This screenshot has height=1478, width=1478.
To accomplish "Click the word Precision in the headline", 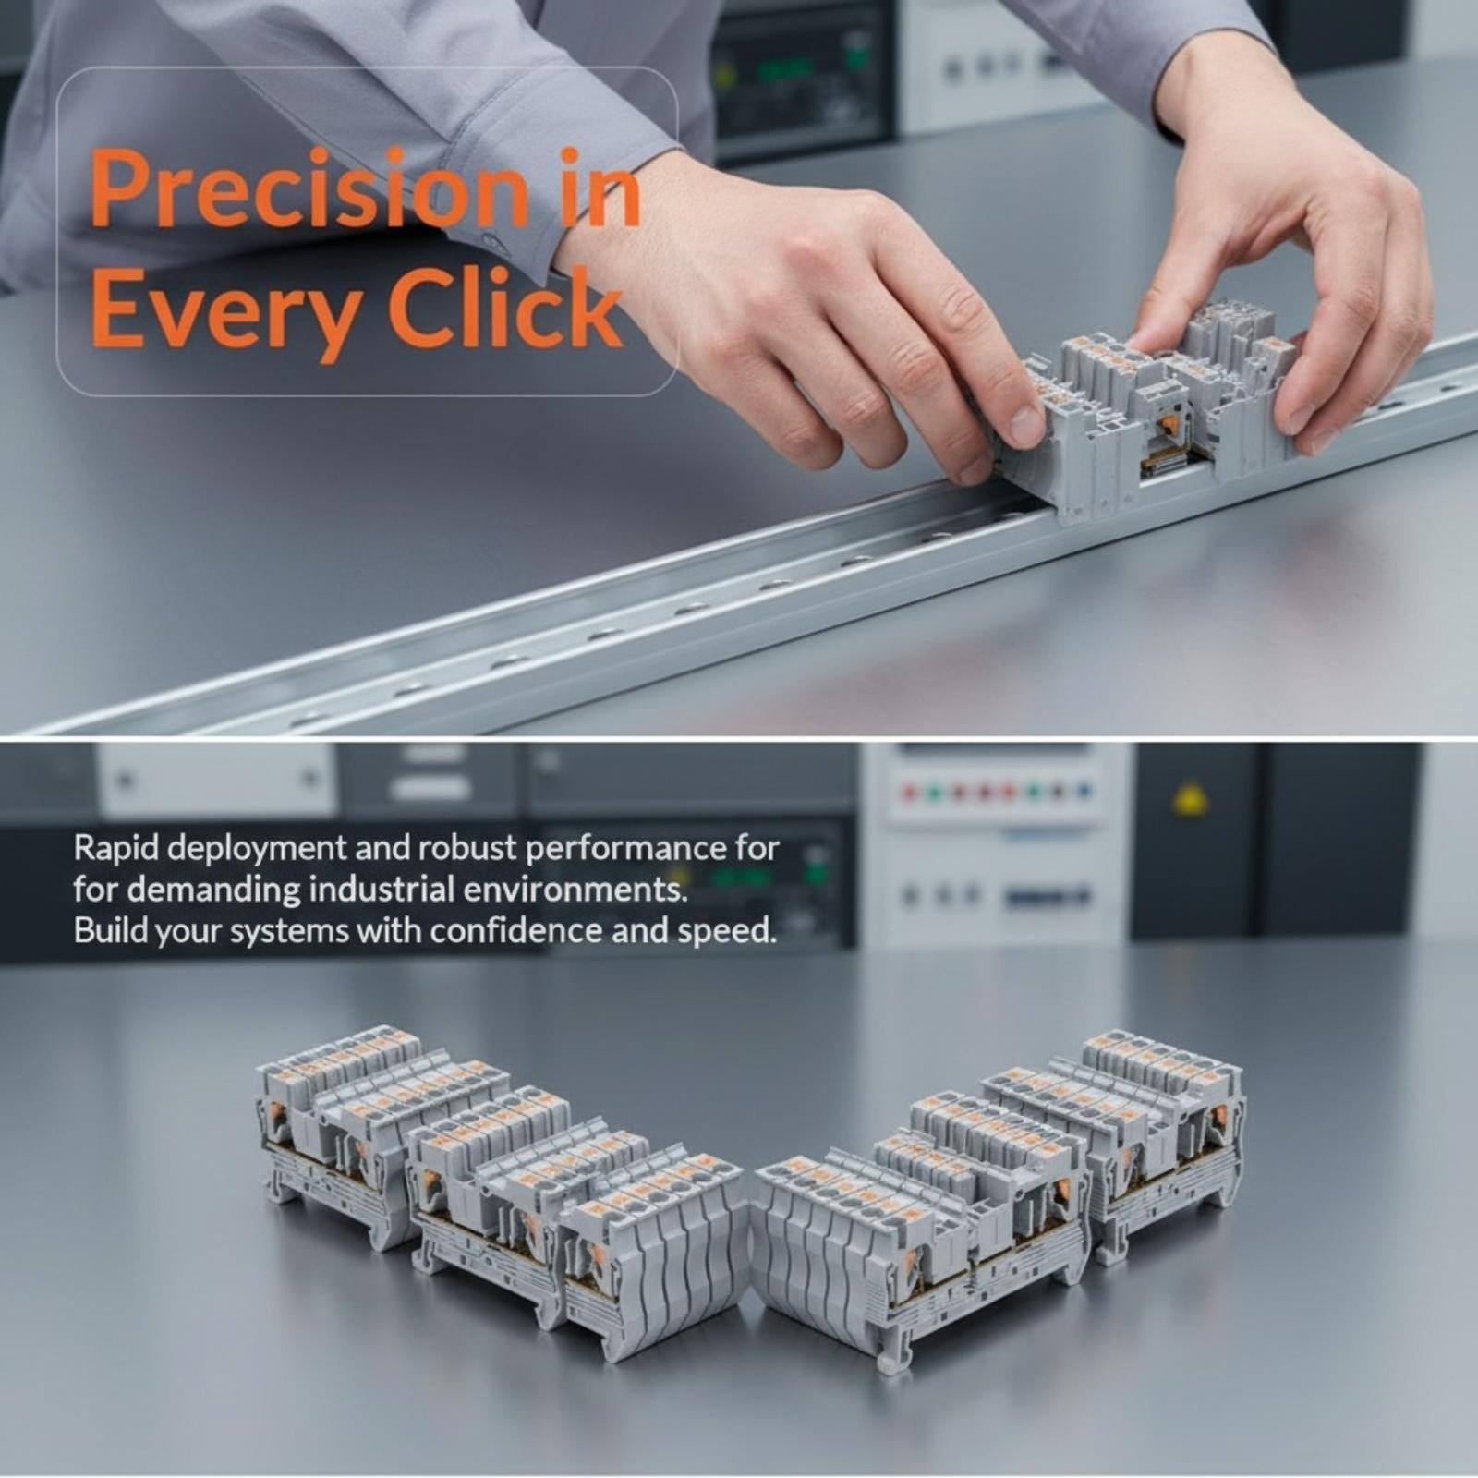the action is pos(310,189).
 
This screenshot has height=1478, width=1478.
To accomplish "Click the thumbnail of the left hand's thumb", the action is pos(1026,424).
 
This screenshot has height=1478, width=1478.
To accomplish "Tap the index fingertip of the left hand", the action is pos(970,466).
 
